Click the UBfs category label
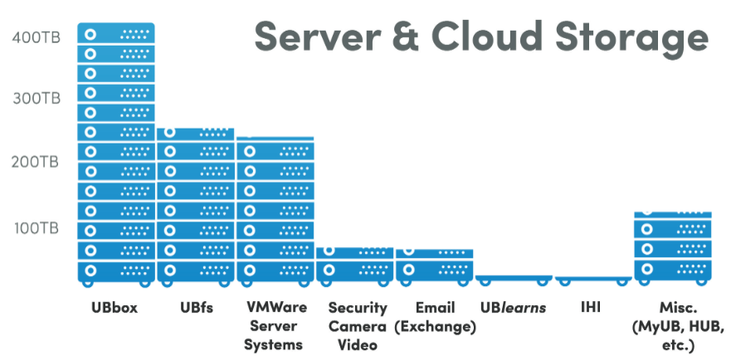coord(197,309)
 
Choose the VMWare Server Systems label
coord(275,325)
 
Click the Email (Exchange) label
coord(435,317)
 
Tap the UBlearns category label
coord(513,309)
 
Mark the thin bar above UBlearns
coord(514,279)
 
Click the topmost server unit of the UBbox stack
coord(116,34)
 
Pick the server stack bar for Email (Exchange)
coord(434,265)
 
